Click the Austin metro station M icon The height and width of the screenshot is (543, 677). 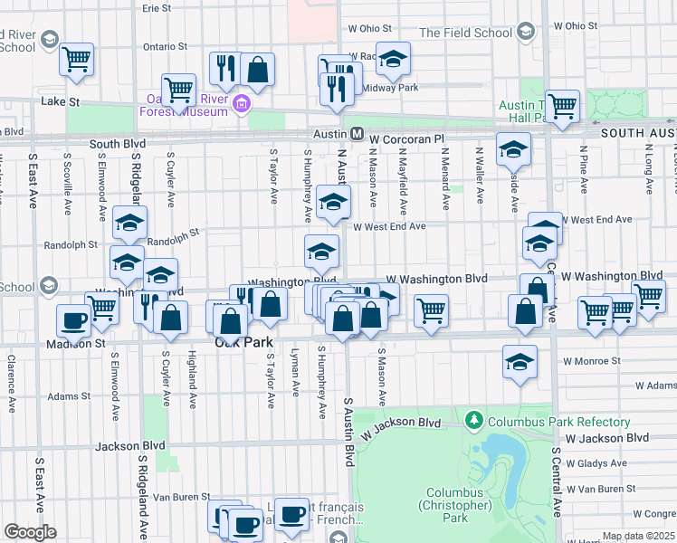[x=357, y=133]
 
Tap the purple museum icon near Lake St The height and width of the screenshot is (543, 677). [x=241, y=104]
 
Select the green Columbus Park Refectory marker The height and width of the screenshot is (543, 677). [x=473, y=421]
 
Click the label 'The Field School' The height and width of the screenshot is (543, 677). [x=465, y=33]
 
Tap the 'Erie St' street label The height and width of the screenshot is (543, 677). [x=157, y=7]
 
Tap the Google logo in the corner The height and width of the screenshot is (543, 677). [x=29, y=532]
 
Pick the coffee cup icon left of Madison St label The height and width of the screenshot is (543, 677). [x=73, y=319]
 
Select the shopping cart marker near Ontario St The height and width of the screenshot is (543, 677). [x=77, y=59]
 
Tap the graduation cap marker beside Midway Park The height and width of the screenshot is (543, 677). [x=393, y=58]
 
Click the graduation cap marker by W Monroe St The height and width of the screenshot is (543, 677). [x=520, y=361]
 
